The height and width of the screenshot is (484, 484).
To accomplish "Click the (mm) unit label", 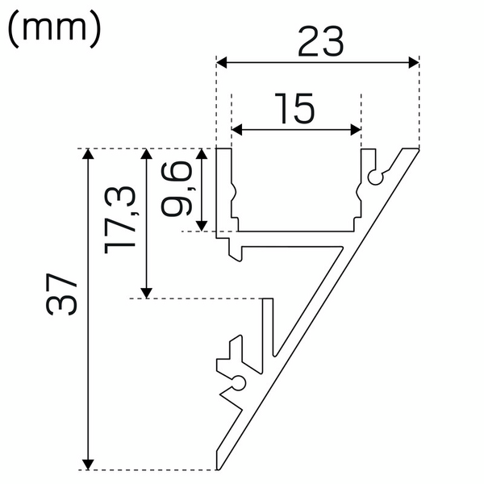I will (54, 29).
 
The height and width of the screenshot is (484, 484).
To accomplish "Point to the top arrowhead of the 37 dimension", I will (90, 155).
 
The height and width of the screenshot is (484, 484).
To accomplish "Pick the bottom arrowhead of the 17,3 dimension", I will (146, 291).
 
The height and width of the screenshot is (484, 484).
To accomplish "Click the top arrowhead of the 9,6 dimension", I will (202, 155).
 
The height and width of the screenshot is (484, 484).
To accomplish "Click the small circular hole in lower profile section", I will (239, 382).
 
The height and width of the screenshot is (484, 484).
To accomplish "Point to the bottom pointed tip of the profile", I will (217, 468).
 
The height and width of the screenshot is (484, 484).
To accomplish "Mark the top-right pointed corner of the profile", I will (418, 150).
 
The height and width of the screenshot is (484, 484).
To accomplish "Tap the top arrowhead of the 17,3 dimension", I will (146, 155).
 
